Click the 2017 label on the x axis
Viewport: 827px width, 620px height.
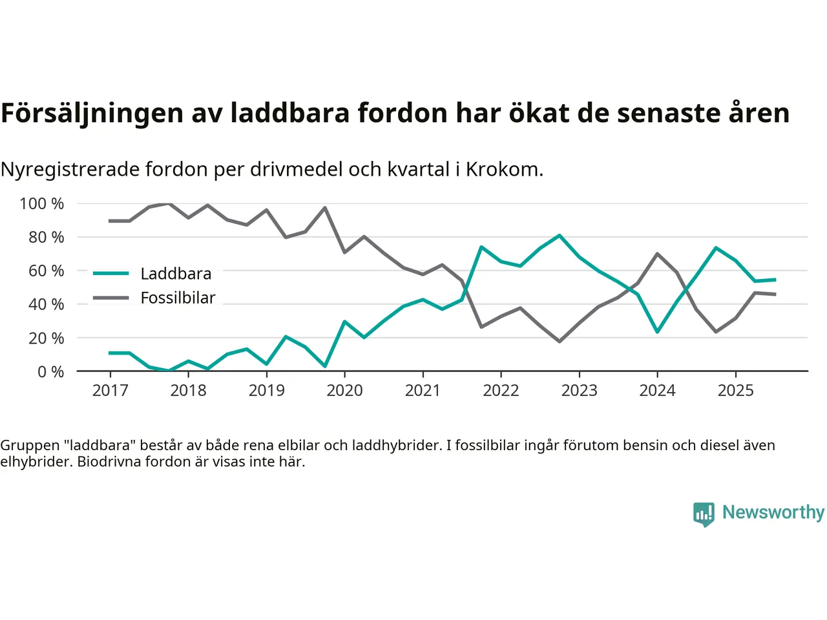[x=110, y=391]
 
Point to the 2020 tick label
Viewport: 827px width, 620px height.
[x=344, y=391]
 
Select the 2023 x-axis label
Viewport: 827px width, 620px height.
[x=579, y=391]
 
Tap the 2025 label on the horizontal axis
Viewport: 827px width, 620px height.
[x=735, y=391]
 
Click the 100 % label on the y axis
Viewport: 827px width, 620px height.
[x=42, y=204]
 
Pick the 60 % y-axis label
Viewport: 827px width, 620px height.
[x=46, y=271]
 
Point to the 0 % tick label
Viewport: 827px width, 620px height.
[x=50, y=372]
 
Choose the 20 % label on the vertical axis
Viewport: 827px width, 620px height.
[x=46, y=338]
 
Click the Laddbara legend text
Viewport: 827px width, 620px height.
[x=176, y=274]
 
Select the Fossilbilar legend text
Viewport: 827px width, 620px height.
[x=178, y=298]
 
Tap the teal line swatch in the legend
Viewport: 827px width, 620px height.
[x=111, y=274]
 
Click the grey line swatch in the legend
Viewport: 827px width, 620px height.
[x=111, y=298]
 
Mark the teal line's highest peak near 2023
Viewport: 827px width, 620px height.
[x=560, y=235]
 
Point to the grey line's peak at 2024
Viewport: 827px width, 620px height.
[x=657, y=254]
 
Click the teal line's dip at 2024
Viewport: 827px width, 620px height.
[x=657, y=331]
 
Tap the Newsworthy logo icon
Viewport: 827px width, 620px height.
[x=704, y=514]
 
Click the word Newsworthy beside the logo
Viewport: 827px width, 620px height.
[x=773, y=512]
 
